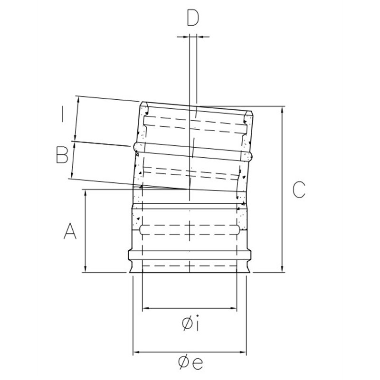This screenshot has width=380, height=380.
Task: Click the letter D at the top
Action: click(193, 18)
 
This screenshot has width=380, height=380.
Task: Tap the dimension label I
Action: click(62, 114)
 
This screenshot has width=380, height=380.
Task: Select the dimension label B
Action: click(62, 155)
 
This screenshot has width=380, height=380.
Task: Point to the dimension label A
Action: click(70, 231)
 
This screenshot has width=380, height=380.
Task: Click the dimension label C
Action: click(299, 189)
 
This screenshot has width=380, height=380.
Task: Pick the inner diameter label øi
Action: click(191, 323)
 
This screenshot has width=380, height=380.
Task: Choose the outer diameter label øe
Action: click(190, 362)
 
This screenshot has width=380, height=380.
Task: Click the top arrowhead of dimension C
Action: click(282, 110)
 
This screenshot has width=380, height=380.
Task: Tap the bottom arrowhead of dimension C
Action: click(282, 268)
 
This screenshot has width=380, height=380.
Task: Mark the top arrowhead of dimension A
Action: click(85, 194)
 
